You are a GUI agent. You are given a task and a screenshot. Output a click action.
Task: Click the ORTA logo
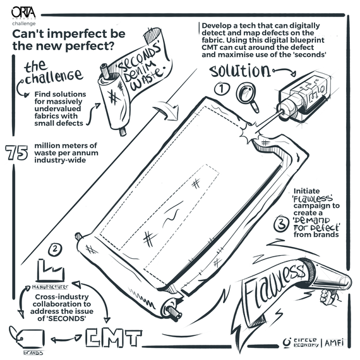[23, 13]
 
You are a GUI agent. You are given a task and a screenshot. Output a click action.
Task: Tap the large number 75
[16, 152]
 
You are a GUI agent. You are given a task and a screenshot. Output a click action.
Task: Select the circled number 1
[222, 88]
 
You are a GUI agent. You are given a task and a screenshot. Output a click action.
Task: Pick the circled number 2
[55, 249]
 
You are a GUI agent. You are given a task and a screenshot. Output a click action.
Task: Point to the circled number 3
[281, 225]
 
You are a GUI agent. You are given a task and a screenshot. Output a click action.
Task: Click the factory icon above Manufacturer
[51, 270]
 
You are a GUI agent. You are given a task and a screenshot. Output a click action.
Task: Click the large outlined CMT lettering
[114, 339]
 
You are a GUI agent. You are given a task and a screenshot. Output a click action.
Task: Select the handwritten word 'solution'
[241, 71]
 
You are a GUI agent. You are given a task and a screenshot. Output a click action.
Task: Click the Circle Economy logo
[301, 342]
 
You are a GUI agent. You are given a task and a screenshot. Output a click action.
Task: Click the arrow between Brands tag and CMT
[66, 339]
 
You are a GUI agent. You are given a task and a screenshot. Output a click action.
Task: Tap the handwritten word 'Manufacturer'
[50, 287]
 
